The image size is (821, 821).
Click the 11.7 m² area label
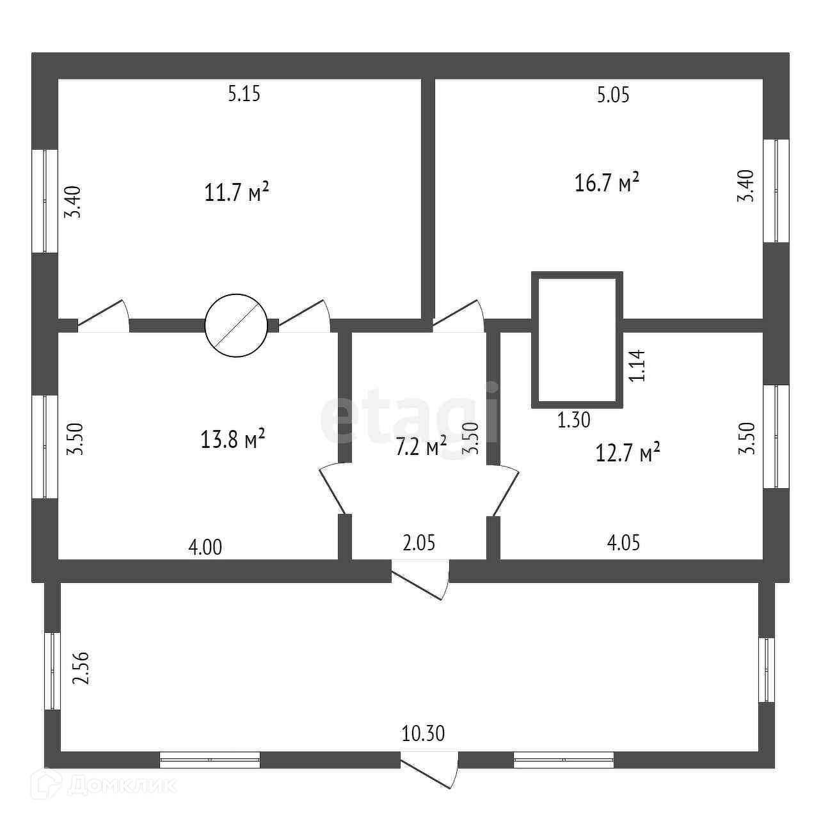point(237,192)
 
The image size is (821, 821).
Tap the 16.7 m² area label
point(607,183)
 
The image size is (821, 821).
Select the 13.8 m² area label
point(233,439)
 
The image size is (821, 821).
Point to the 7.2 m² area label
point(421,446)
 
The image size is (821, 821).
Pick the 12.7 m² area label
point(628,452)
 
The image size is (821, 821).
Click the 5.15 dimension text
point(244,93)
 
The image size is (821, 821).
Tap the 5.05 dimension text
point(612,95)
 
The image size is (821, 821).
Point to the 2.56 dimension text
point(81,668)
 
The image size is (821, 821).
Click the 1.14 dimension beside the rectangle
point(637,365)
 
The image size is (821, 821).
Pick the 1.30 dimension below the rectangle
point(574,420)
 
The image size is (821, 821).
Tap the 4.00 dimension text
point(205,548)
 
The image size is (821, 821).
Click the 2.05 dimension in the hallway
point(419,543)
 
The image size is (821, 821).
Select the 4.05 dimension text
point(623,543)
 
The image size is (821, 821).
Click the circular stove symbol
point(236,326)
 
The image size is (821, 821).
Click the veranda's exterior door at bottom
point(429,776)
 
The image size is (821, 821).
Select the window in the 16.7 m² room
point(776,191)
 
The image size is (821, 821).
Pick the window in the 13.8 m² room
point(45,447)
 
